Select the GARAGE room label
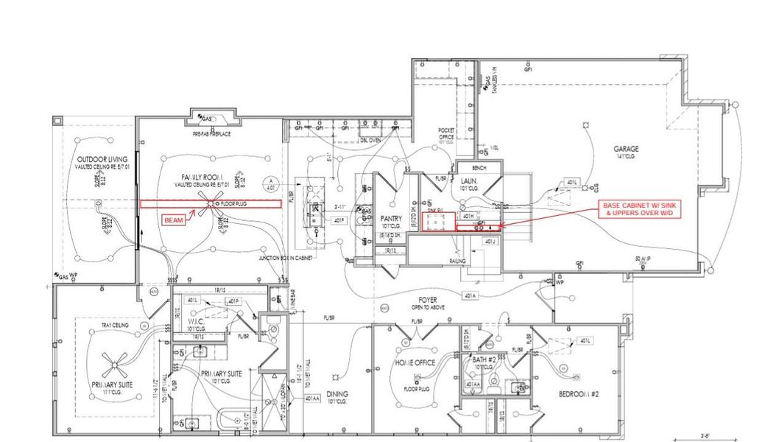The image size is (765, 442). click(627, 149)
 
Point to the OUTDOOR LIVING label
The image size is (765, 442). click(102, 159)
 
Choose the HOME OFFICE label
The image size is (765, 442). click(416, 362)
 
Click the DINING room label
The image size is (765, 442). click(337, 393)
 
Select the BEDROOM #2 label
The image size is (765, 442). click(579, 394)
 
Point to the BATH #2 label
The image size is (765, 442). click(484, 360)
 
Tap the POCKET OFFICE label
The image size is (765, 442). click(446, 133)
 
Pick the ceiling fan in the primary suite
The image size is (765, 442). click(117, 361)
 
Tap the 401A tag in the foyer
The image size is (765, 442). click(470, 295)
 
